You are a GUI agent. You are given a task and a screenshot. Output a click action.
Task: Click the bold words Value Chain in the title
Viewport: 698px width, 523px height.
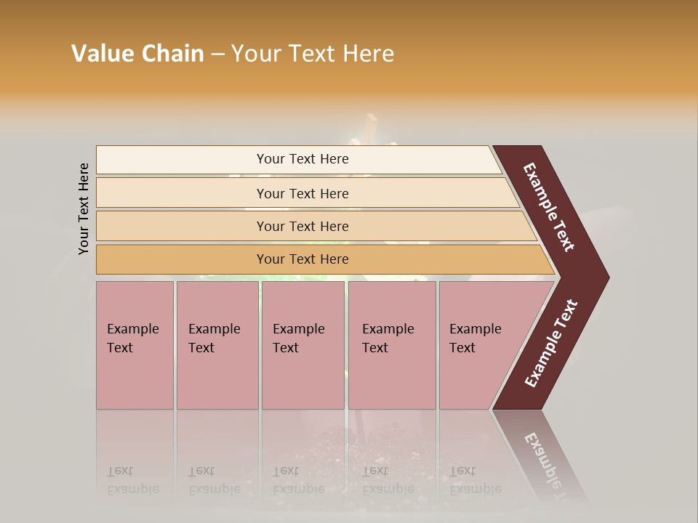(x=137, y=54)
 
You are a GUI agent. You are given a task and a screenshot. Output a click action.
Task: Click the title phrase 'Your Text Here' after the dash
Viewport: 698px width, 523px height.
(x=313, y=54)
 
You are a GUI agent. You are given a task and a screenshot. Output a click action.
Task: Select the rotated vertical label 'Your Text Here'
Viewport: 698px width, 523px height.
(x=84, y=208)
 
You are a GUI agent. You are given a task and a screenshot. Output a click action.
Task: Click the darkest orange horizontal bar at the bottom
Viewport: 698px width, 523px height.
(x=182, y=259)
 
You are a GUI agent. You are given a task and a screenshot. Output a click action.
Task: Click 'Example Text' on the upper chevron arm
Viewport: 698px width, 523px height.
(x=549, y=207)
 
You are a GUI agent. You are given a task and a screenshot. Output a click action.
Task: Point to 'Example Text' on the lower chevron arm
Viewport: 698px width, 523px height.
(x=551, y=344)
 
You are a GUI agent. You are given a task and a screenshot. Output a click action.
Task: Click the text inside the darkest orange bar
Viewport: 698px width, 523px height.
(x=302, y=259)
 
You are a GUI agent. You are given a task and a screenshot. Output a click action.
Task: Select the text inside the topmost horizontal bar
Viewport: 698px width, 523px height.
(x=302, y=159)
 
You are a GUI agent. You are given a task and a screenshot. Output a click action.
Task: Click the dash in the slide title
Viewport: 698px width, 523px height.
(x=217, y=54)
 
